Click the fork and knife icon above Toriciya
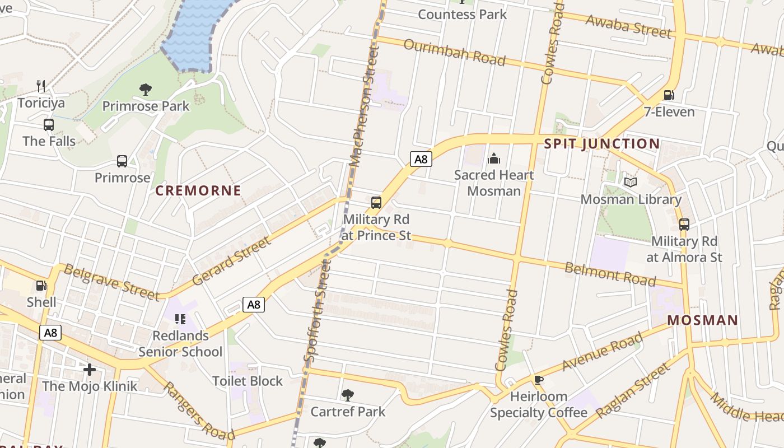point(41,86)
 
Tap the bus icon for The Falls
point(49,124)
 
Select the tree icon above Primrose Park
point(146,89)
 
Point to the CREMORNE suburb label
point(198,190)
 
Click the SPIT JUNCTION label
point(602,143)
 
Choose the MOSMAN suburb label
point(703,320)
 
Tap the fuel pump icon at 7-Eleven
point(668,95)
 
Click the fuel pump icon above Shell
point(41,286)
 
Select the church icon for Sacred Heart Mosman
point(493,158)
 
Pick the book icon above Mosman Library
point(631,182)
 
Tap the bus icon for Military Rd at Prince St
point(376,203)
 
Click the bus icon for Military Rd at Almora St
point(684,225)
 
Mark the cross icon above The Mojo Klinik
point(90,370)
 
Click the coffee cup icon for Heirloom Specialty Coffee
point(539,380)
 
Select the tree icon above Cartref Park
point(348,395)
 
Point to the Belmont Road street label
point(610,273)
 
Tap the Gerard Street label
point(231,262)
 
